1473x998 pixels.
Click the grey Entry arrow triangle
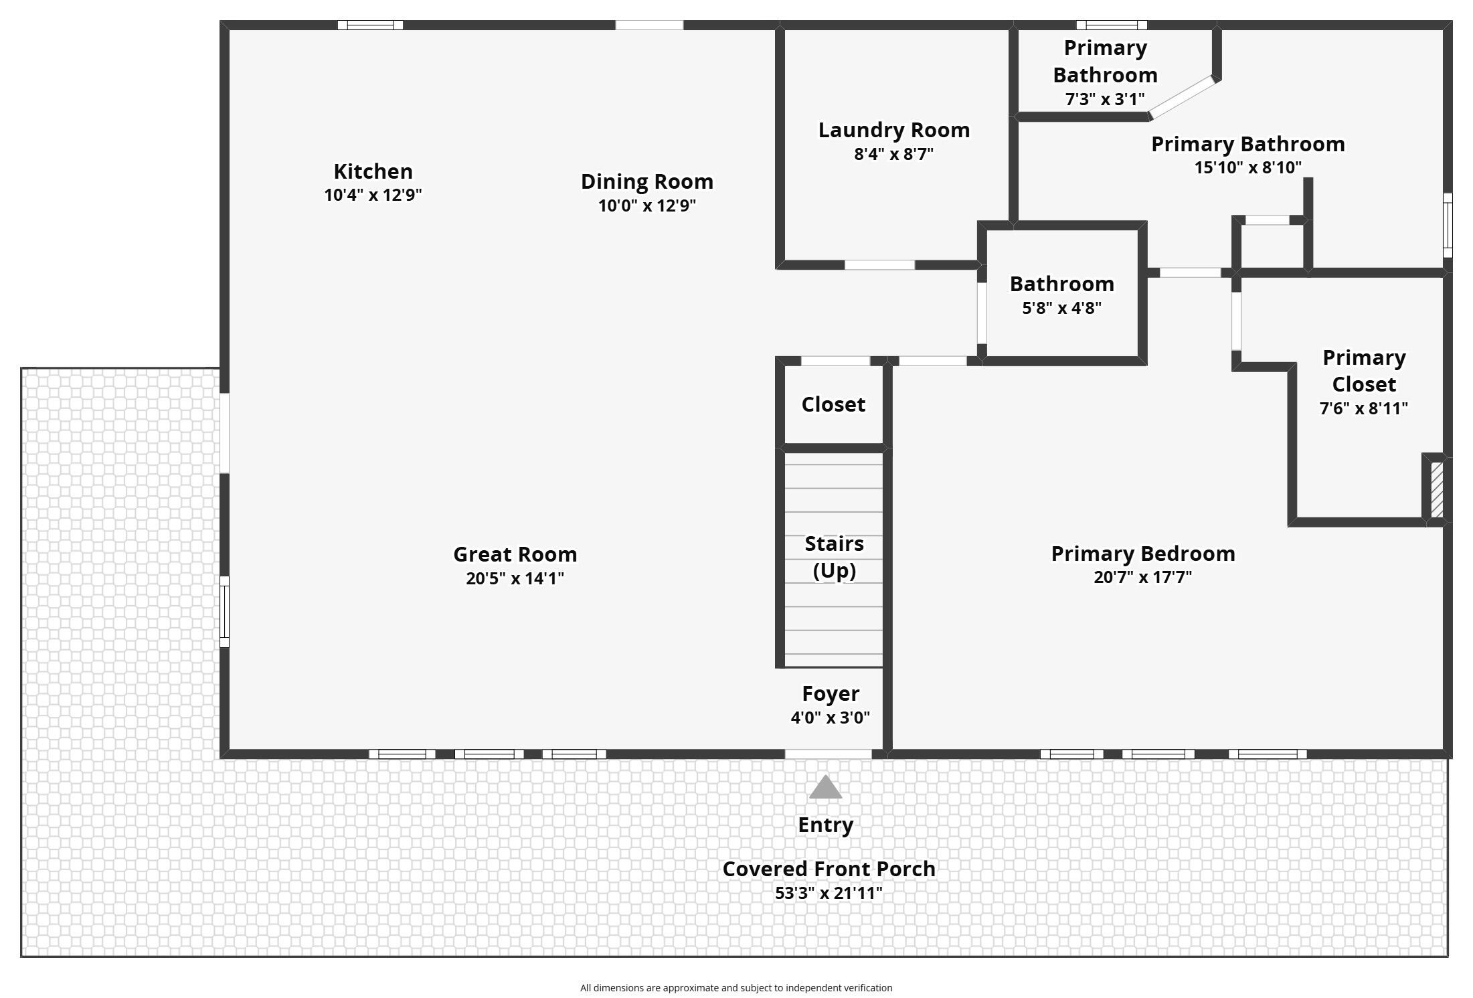pos(825,788)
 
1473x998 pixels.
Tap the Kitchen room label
pos(373,171)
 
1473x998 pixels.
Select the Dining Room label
pos(646,181)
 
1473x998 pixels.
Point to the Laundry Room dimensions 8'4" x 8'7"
pos(893,154)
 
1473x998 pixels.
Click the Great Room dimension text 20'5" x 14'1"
pos(515,578)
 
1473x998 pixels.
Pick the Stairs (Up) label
pos(834,557)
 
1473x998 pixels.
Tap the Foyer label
pos(831,693)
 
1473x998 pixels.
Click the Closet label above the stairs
pos(833,404)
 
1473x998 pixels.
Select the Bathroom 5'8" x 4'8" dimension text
pos(1061,308)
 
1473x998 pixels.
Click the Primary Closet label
pos(1364,371)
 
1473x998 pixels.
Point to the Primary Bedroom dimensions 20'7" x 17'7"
pos(1142,577)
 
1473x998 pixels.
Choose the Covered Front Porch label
pos(829,869)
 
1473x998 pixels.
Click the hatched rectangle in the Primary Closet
pos(1436,490)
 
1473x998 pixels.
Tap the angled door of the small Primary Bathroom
pos(1182,98)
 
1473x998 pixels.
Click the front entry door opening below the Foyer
pos(828,754)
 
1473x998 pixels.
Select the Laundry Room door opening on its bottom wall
pos(879,265)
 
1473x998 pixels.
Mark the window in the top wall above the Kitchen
pos(370,25)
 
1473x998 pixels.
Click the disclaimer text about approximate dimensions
pos(736,988)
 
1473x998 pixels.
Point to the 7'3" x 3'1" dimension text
pos(1105,99)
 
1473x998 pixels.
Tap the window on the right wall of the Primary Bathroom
pos(1448,225)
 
